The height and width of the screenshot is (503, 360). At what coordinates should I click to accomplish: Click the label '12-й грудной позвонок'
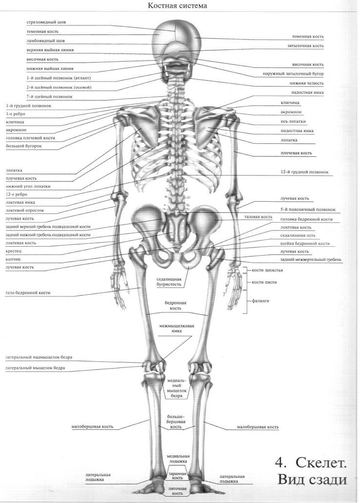click(304, 172)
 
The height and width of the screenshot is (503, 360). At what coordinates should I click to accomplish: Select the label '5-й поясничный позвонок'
click(308, 210)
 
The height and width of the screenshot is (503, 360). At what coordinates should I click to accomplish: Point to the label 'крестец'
click(13, 251)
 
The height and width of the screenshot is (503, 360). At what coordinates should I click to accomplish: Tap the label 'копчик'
click(13, 260)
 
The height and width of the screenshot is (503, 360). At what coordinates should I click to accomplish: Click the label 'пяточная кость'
click(177, 494)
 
